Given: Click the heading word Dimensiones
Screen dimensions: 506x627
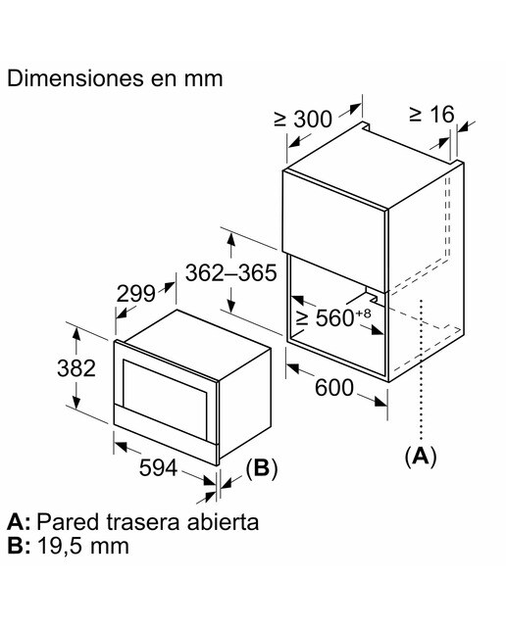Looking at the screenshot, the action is pyautogui.click(x=76, y=78).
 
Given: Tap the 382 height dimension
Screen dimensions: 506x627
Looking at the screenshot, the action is pyautogui.click(x=76, y=368).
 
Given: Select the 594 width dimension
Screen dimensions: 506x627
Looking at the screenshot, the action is pyautogui.click(x=158, y=468).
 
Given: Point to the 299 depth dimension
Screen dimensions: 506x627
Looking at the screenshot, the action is pyautogui.click(x=135, y=294).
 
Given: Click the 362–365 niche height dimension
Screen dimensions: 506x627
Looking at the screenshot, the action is pyautogui.click(x=231, y=273).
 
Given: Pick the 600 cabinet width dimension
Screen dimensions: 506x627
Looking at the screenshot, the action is pyautogui.click(x=334, y=388).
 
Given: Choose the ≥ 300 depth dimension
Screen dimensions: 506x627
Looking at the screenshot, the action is pyautogui.click(x=303, y=119).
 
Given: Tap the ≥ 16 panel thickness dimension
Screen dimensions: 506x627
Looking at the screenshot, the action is pyautogui.click(x=432, y=115).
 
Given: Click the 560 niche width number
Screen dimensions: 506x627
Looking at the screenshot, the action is pyautogui.click(x=334, y=318).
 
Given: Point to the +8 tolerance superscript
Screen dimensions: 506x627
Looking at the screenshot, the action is pyautogui.click(x=363, y=313).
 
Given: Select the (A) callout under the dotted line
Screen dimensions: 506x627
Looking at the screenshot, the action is pyautogui.click(x=421, y=456).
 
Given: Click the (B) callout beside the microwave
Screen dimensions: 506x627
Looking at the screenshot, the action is pyautogui.click(x=262, y=467).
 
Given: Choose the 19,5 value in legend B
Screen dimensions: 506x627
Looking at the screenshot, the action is pyautogui.click(x=60, y=546).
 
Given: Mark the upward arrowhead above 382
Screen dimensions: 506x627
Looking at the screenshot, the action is pyautogui.click(x=76, y=334).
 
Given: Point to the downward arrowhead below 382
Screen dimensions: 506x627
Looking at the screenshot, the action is pyautogui.click(x=76, y=401).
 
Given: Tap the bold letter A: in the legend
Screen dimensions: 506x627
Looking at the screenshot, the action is pyautogui.click(x=19, y=522).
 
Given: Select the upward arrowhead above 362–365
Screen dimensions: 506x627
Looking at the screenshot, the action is pyautogui.click(x=230, y=241).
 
